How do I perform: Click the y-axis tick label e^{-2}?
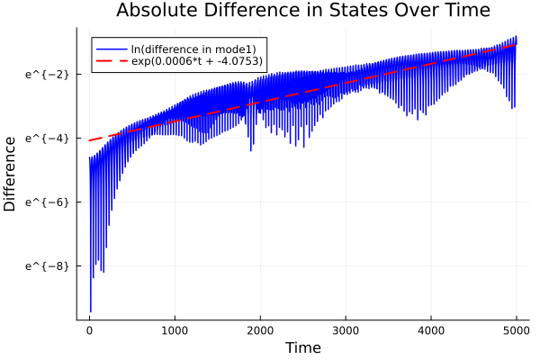click(x=48, y=74)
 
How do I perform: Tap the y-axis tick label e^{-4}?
click(x=48, y=139)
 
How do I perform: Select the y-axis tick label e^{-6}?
click(x=48, y=202)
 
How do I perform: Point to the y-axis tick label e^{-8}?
click(x=48, y=266)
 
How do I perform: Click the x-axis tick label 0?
click(x=89, y=330)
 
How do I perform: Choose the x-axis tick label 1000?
click(x=175, y=330)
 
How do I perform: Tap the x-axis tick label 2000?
click(x=260, y=330)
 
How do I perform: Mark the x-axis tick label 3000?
click(x=346, y=330)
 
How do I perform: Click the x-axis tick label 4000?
click(x=431, y=330)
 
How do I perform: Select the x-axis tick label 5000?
click(x=516, y=330)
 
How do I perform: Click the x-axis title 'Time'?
click(x=302, y=347)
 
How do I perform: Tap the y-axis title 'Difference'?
click(x=11, y=174)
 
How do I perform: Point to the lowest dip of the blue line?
click(x=90, y=311)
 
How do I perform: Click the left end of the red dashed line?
click(x=89, y=140)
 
